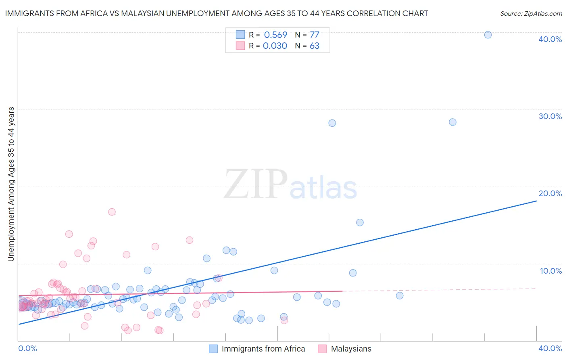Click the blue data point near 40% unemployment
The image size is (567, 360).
click(488, 35)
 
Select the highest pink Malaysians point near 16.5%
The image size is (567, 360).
click(112, 212)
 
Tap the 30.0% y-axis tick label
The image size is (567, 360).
click(550, 116)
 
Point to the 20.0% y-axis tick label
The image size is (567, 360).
click(550, 193)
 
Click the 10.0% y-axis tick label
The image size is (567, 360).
click(551, 271)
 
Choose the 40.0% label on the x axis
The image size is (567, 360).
click(550, 348)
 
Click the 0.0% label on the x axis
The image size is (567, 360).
click(27, 348)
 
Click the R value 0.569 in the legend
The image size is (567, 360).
click(275, 35)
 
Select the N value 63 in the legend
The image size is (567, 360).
click(315, 46)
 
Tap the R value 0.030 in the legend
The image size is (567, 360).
click(275, 46)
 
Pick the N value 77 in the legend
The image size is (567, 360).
click(315, 35)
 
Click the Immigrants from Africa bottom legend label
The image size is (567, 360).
click(263, 349)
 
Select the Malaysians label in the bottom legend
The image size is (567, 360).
click(351, 349)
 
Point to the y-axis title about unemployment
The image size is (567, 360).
click(11, 184)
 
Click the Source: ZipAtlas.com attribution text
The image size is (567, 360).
click(531, 14)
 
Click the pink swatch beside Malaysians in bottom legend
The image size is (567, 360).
click(322, 349)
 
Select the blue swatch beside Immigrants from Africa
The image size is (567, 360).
click(213, 349)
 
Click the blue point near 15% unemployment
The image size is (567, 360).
click(360, 222)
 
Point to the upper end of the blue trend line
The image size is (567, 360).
click(536, 201)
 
